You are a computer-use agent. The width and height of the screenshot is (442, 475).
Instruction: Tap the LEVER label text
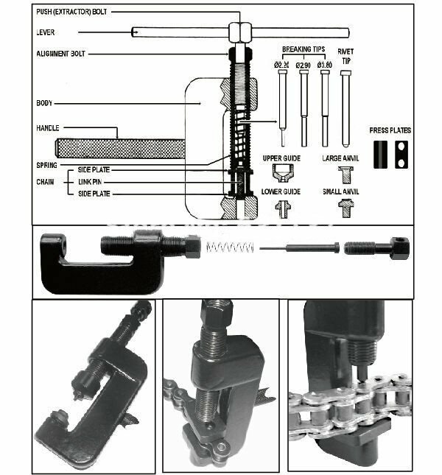point(45,32)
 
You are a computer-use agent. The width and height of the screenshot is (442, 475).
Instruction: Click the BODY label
point(44,103)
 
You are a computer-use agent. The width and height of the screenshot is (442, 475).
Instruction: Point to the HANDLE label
point(47,128)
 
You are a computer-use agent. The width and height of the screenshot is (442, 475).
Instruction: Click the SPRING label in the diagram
point(46,165)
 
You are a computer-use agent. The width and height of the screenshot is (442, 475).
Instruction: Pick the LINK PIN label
point(94,181)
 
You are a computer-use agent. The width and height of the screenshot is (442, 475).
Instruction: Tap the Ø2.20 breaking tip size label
point(281,66)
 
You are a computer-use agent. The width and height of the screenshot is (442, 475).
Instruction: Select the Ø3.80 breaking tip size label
point(324,66)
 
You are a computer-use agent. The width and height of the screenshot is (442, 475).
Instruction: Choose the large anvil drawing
point(344,175)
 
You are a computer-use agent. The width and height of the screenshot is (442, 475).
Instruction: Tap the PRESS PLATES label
point(390,130)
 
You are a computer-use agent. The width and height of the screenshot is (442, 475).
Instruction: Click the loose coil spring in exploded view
point(226,248)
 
